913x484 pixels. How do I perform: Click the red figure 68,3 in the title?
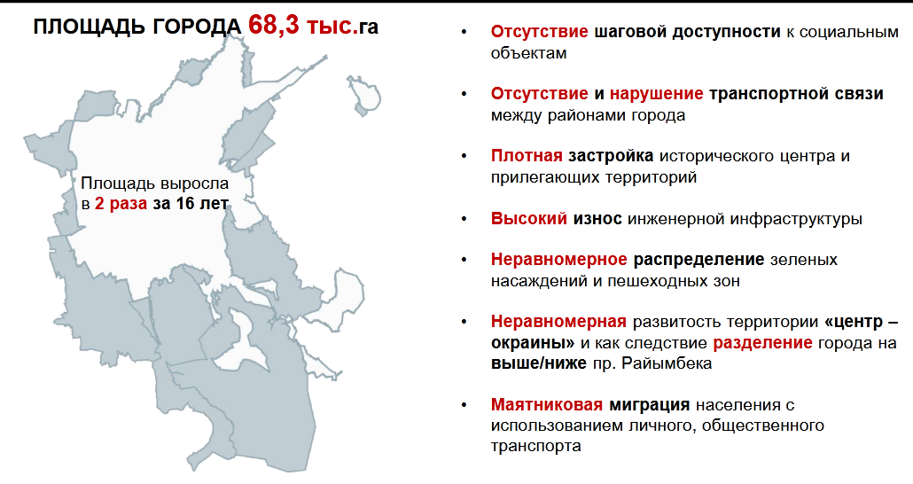point(274,25)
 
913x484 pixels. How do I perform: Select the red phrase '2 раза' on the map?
point(121,205)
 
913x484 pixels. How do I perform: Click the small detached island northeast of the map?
point(364,94)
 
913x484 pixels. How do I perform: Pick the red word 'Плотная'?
point(527,156)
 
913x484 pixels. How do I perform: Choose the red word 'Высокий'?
point(528,218)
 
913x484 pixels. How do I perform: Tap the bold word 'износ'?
point(597,218)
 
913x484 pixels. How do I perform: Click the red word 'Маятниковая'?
point(547,404)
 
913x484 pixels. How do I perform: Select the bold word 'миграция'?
point(649,404)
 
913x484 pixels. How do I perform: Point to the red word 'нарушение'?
point(656,94)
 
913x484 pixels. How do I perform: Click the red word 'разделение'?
point(762,342)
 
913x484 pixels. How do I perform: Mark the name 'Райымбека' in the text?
point(666,363)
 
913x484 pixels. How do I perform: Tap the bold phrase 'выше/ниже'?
point(539,363)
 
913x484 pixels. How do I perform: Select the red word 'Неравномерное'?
point(559,259)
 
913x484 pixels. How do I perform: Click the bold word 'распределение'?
point(698,259)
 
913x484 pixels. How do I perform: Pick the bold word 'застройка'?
point(611,156)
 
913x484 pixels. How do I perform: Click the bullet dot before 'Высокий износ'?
point(464,219)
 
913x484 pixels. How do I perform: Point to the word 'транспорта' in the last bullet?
point(535,446)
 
